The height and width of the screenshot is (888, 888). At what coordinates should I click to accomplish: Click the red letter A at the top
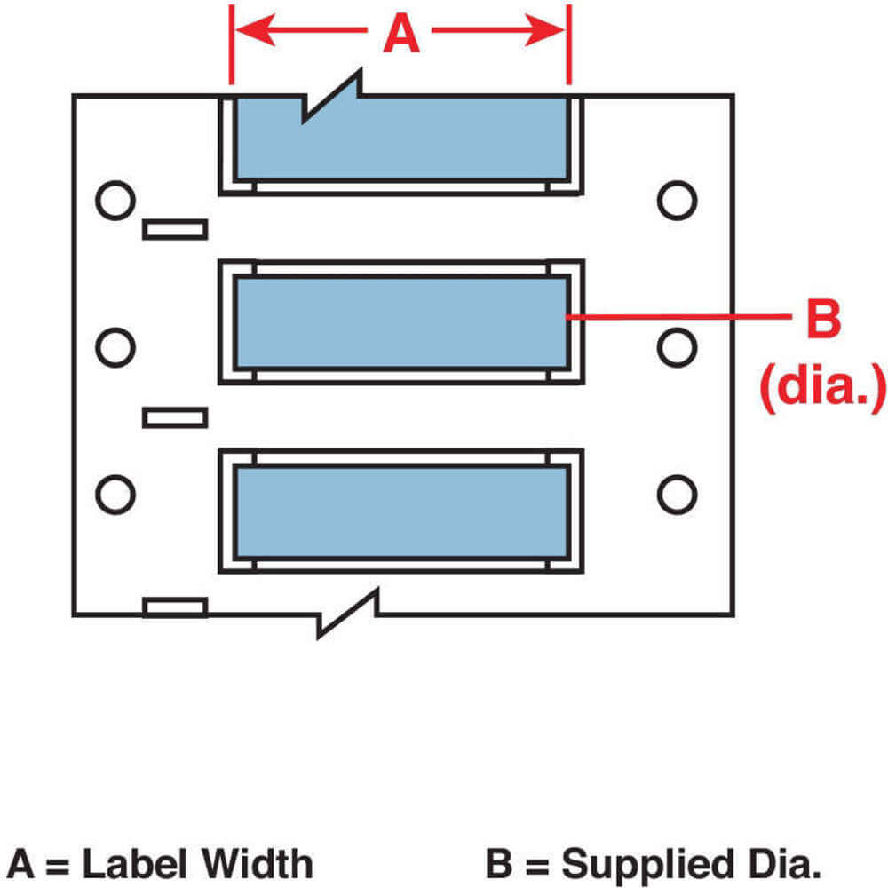[x=400, y=36]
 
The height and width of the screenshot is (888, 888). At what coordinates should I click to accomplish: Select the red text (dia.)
[x=822, y=384]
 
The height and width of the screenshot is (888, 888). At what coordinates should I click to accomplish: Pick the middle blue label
[x=401, y=321]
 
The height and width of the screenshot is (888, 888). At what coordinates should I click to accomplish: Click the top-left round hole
[x=115, y=200]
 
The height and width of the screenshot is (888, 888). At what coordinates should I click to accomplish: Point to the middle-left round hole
[x=115, y=347]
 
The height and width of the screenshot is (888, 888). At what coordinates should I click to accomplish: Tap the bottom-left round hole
[x=115, y=494]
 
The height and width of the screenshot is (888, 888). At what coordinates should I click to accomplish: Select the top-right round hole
[x=677, y=200]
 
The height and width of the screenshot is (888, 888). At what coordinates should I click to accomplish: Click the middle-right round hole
[x=677, y=347]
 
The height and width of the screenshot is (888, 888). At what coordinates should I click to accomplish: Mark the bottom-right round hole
[x=677, y=494]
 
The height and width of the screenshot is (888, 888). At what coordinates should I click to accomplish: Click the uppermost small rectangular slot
[x=175, y=230]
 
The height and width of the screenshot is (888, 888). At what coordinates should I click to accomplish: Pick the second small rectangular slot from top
[x=175, y=416]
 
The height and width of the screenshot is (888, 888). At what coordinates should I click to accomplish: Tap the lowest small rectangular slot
[x=175, y=607]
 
